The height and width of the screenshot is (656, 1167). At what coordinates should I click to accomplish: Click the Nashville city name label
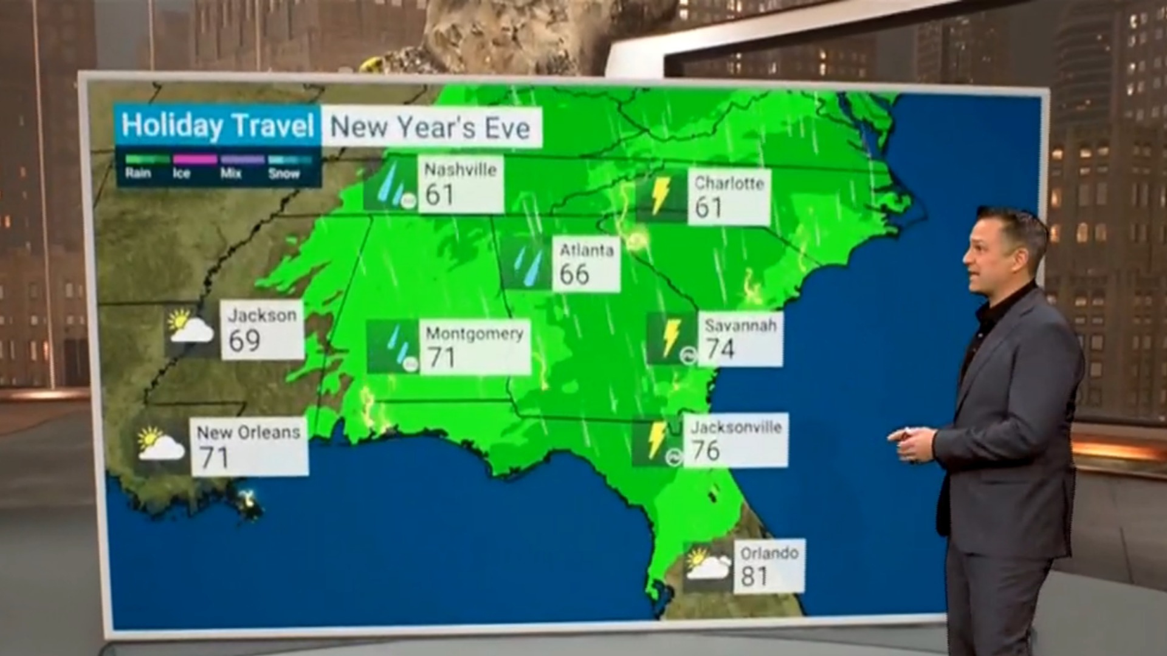coord(460,169)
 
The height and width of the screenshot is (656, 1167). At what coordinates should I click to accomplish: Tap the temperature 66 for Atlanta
coord(574,274)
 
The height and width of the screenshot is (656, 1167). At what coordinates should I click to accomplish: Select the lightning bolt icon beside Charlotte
coord(660,196)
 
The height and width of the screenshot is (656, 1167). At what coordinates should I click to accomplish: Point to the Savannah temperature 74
coord(720,349)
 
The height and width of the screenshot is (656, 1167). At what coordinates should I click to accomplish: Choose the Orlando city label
coord(769,553)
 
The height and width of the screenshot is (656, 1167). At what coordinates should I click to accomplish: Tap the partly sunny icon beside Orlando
coord(707,565)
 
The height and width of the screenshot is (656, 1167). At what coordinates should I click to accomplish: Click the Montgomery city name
coord(474,333)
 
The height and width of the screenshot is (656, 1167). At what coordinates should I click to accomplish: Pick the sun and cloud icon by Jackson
coord(190,326)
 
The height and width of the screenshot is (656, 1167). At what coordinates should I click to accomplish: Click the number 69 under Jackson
coord(244,341)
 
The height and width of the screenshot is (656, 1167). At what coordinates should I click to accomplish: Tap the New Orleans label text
coord(249,432)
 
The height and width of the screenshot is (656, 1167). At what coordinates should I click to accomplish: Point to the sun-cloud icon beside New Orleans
coord(160,443)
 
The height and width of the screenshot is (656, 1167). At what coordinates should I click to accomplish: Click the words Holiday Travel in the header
coord(218,126)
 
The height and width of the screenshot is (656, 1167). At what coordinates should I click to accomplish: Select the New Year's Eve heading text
coord(430,128)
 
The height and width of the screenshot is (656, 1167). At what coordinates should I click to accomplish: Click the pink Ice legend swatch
coord(194,160)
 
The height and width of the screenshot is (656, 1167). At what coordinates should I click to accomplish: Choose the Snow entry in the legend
coord(284,174)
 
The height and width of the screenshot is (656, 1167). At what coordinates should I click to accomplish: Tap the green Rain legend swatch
coord(147,160)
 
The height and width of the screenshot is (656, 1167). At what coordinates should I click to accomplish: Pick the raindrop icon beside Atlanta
coord(526,264)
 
